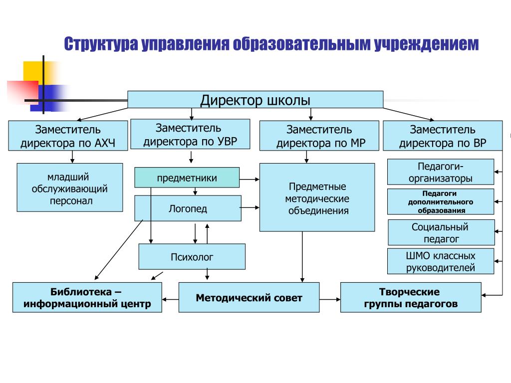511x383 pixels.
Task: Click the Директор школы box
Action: point(255,99)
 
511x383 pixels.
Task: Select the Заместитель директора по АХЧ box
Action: point(68,136)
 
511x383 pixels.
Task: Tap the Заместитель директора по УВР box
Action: point(190,134)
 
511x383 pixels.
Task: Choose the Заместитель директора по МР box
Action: point(319,136)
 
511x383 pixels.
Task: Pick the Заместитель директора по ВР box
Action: point(443,136)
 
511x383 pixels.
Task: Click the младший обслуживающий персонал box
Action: point(70,188)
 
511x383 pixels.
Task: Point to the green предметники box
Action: point(187,178)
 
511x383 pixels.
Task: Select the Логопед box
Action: point(188,208)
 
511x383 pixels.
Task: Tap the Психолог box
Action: point(192,257)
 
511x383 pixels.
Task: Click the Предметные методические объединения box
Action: point(317,197)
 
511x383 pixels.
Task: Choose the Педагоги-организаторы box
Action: point(441,172)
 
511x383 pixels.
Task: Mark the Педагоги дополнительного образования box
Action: point(441,201)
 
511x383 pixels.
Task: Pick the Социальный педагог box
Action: point(441,232)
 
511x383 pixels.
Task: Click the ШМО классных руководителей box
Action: point(441,261)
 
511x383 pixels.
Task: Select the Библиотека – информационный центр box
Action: point(87,297)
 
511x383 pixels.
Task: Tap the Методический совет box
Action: point(249,297)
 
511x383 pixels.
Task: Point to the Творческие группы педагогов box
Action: point(411,297)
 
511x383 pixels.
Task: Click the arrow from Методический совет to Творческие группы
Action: point(330,299)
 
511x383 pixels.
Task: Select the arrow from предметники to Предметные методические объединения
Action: point(250,179)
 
